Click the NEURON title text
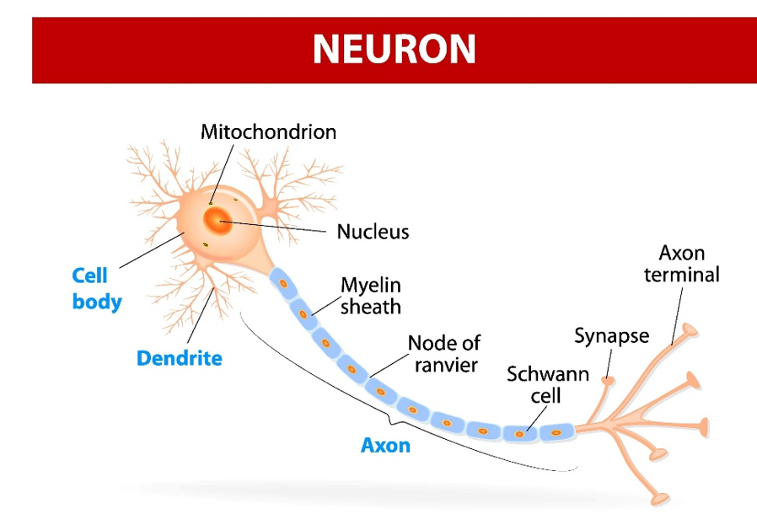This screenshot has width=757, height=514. [x=394, y=49]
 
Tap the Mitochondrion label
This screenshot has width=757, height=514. [x=268, y=132]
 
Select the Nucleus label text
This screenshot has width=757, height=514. [x=373, y=231]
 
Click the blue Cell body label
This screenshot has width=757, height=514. [x=96, y=288]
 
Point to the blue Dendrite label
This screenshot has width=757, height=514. [x=180, y=358]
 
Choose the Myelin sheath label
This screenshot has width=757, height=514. [x=370, y=295]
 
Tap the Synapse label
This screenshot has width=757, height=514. [x=612, y=336]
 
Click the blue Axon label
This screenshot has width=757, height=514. [x=385, y=444]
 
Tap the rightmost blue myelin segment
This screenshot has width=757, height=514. [x=556, y=432]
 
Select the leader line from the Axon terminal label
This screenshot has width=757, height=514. [x=678, y=316]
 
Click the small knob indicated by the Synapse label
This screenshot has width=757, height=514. [x=605, y=382]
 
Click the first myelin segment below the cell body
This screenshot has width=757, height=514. [x=284, y=284]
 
